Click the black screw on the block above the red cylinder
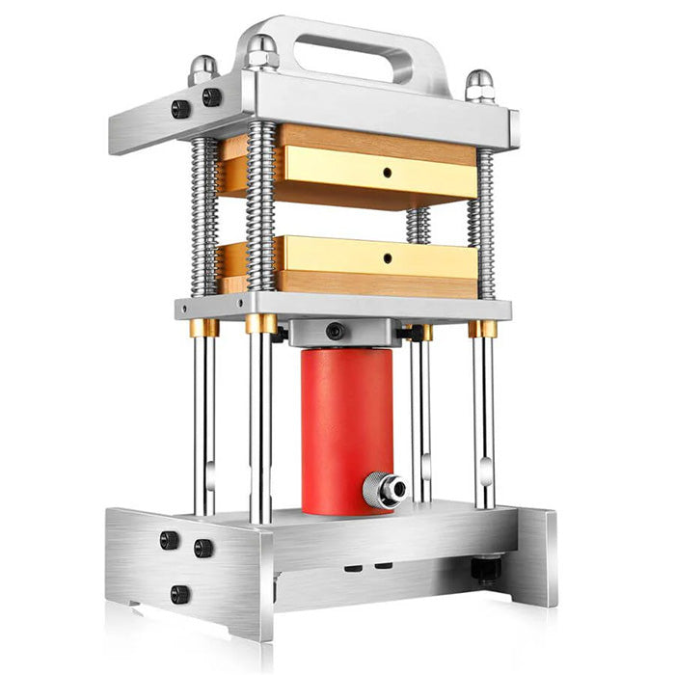pos(335,331)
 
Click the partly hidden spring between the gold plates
pos(418,224)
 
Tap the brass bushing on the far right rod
pos(482,329)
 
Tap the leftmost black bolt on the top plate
pos(180,109)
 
